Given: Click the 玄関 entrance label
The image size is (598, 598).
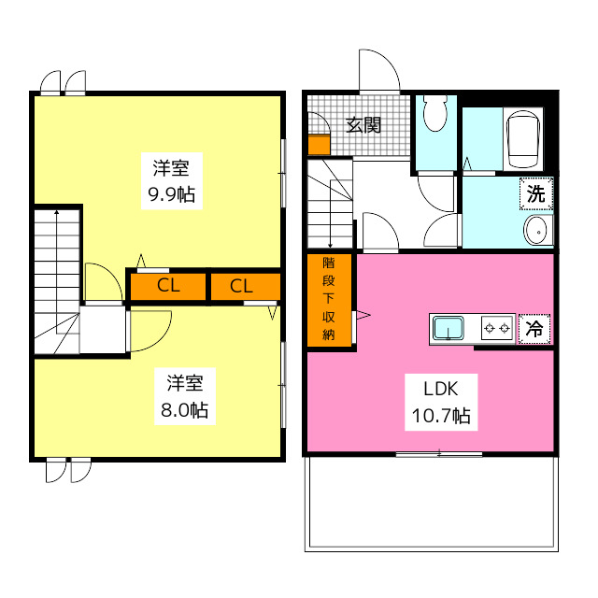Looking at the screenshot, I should point(363,124).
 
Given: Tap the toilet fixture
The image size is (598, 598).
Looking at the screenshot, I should point(434,117).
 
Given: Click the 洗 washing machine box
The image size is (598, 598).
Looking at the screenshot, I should point(535,194).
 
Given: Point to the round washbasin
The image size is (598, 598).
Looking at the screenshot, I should point(537,232).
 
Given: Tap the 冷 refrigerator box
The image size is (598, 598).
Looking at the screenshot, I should point(534,329).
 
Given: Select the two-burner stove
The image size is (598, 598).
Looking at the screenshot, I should point(496,329).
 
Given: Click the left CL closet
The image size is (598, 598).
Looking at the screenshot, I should point(167,287).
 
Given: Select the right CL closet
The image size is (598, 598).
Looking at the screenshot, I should point(241,287).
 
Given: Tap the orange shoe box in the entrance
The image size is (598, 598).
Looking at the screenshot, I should point(319,145).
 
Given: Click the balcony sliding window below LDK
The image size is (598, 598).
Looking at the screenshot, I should point(439,454).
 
